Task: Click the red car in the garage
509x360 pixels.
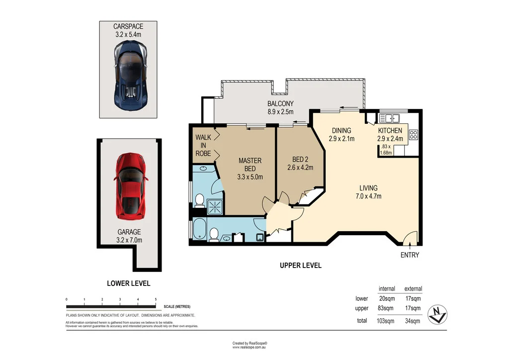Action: coord(131,185)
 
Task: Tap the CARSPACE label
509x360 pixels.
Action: coord(128,26)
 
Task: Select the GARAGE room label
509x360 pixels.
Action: coord(129,232)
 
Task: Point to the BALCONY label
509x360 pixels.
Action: coord(280,103)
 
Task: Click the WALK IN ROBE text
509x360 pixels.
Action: coord(203,145)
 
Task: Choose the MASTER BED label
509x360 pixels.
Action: coord(250,165)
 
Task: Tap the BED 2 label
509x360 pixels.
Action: coord(300,160)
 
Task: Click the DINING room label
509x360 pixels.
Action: coord(341,130)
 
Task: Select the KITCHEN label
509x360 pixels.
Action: coord(390,130)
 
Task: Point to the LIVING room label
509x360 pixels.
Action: coord(368,188)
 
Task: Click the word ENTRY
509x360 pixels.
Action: coord(410,255)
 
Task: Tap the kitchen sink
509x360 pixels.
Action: coord(389,118)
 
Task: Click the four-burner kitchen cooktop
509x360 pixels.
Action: coord(413,134)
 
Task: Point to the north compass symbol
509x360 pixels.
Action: coord(437,314)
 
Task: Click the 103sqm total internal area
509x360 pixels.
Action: coord(385,321)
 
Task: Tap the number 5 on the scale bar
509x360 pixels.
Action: coord(156,299)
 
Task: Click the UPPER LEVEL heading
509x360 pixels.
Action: coord(301,265)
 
